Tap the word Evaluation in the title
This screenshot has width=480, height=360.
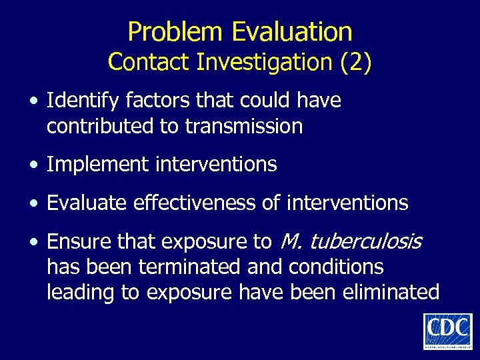pyautogui.click(x=292, y=31)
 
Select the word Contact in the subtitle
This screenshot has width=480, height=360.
pyautogui.click(x=149, y=62)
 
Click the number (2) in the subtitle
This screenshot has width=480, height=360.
pyautogui.click(x=355, y=62)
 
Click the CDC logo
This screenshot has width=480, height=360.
pyautogui.click(x=447, y=331)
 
